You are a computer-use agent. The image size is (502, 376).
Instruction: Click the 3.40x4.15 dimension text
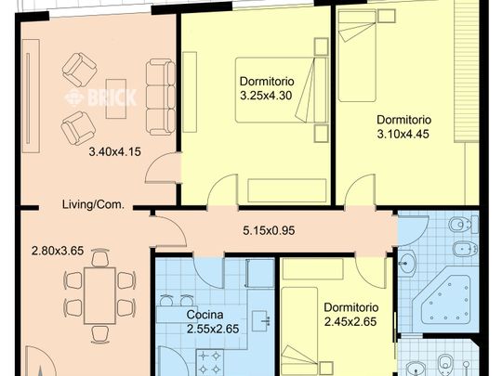pos(114,151)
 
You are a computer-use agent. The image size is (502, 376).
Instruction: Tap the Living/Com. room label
pos(93,204)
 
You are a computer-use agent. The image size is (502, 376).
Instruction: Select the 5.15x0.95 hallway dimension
pos(269,230)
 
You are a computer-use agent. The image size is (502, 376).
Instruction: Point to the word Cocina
pos(205,315)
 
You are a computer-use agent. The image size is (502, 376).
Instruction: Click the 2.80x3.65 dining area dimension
pos(58,251)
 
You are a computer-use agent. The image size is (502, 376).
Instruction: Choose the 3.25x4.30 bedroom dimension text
pos(266,96)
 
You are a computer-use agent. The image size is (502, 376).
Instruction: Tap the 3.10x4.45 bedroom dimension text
pos(403,134)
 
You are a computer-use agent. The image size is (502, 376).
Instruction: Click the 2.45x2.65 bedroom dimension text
pos(350,321)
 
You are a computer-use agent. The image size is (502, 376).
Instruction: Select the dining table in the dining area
pos(99,296)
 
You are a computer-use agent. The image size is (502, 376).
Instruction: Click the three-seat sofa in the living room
pos(161,97)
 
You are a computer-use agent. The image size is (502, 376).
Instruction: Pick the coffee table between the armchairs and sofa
pos(116,98)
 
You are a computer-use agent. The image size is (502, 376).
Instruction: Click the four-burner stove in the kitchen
pos(210,363)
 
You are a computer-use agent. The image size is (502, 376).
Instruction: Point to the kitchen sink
pos(261,321)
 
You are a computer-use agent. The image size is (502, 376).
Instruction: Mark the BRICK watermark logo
pos(100,97)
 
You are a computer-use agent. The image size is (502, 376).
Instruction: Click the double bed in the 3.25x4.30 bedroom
pos(282,90)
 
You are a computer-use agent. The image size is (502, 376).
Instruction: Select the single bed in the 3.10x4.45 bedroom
pos(357,56)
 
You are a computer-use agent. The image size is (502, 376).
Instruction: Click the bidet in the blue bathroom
pos(465,248)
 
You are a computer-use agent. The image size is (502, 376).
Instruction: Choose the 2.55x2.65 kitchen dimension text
pos(213,329)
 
